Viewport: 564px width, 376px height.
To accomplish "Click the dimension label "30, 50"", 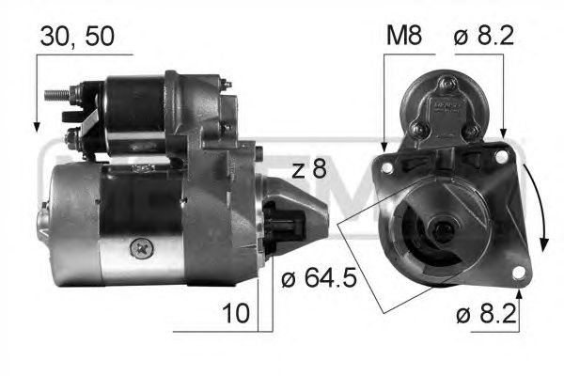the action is (x=77, y=36).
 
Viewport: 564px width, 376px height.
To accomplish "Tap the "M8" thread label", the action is (x=404, y=36).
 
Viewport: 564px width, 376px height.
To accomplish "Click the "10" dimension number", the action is (x=236, y=313).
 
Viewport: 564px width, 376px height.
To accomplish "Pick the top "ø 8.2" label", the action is (x=484, y=36).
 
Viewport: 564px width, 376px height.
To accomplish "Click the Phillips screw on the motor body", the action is (x=142, y=248).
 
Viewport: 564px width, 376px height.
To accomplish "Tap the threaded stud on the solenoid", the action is (x=56, y=95).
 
